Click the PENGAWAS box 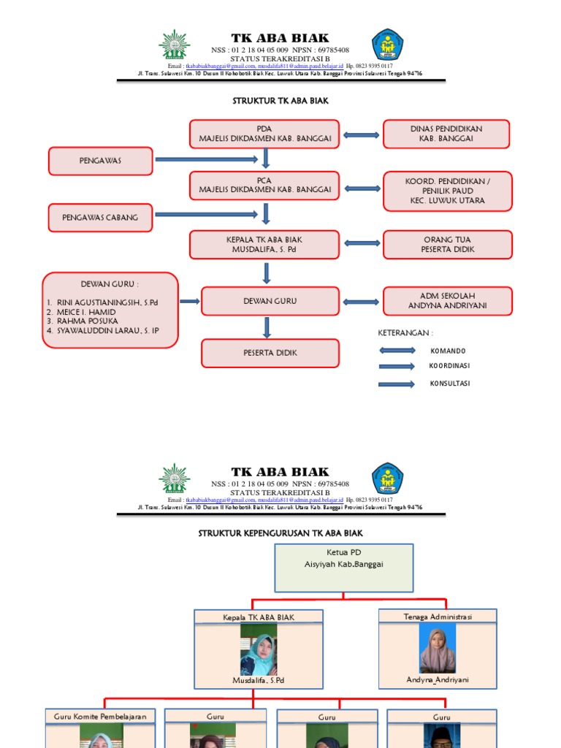click(x=101, y=161)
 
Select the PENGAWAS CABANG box click(x=101, y=217)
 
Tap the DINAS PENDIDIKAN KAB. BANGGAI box click(x=446, y=134)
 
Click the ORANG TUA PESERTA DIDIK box click(x=447, y=245)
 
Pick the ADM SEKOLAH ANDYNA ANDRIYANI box click(x=447, y=301)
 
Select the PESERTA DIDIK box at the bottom click(x=270, y=353)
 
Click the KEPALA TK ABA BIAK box click(x=264, y=245)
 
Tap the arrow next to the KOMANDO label click(x=397, y=351)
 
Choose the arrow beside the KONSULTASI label click(x=397, y=383)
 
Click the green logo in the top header click(x=174, y=45)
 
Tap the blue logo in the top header click(x=387, y=45)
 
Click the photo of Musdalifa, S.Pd click(x=259, y=649)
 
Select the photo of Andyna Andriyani click(x=437, y=649)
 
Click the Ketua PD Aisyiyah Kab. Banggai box click(x=344, y=568)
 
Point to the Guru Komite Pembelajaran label click(x=100, y=717)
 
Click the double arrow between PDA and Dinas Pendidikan click(x=362, y=134)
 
